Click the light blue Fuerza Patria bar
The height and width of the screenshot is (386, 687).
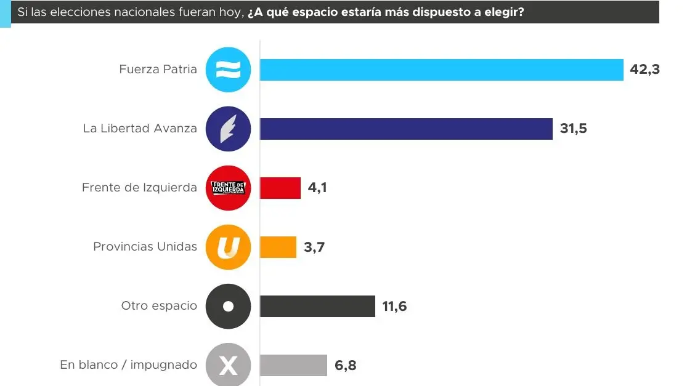[441, 70]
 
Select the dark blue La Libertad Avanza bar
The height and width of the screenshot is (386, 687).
[406, 129]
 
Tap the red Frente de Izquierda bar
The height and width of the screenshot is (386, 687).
[280, 188]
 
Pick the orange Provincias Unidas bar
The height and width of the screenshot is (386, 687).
[278, 247]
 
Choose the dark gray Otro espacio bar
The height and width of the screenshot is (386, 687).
[317, 306]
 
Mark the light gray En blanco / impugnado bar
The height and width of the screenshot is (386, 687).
[293, 365]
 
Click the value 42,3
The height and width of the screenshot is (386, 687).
[644, 70]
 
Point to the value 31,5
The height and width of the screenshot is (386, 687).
[574, 129]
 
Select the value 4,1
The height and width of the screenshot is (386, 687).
[317, 188]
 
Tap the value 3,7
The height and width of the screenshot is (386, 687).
[314, 247]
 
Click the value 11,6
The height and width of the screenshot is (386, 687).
[394, 306]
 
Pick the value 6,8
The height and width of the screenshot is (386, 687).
[346, 366]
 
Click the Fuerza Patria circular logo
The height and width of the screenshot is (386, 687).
[228, 70]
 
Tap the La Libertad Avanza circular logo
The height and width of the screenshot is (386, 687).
[228, 129]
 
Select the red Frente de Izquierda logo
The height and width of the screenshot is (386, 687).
[228, 188]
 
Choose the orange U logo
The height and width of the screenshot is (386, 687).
[228, 247]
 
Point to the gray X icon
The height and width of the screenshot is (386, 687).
[228, 366]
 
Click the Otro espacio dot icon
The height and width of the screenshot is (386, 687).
[228, 306]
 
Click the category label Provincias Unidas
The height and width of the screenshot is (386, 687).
[145, 247]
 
